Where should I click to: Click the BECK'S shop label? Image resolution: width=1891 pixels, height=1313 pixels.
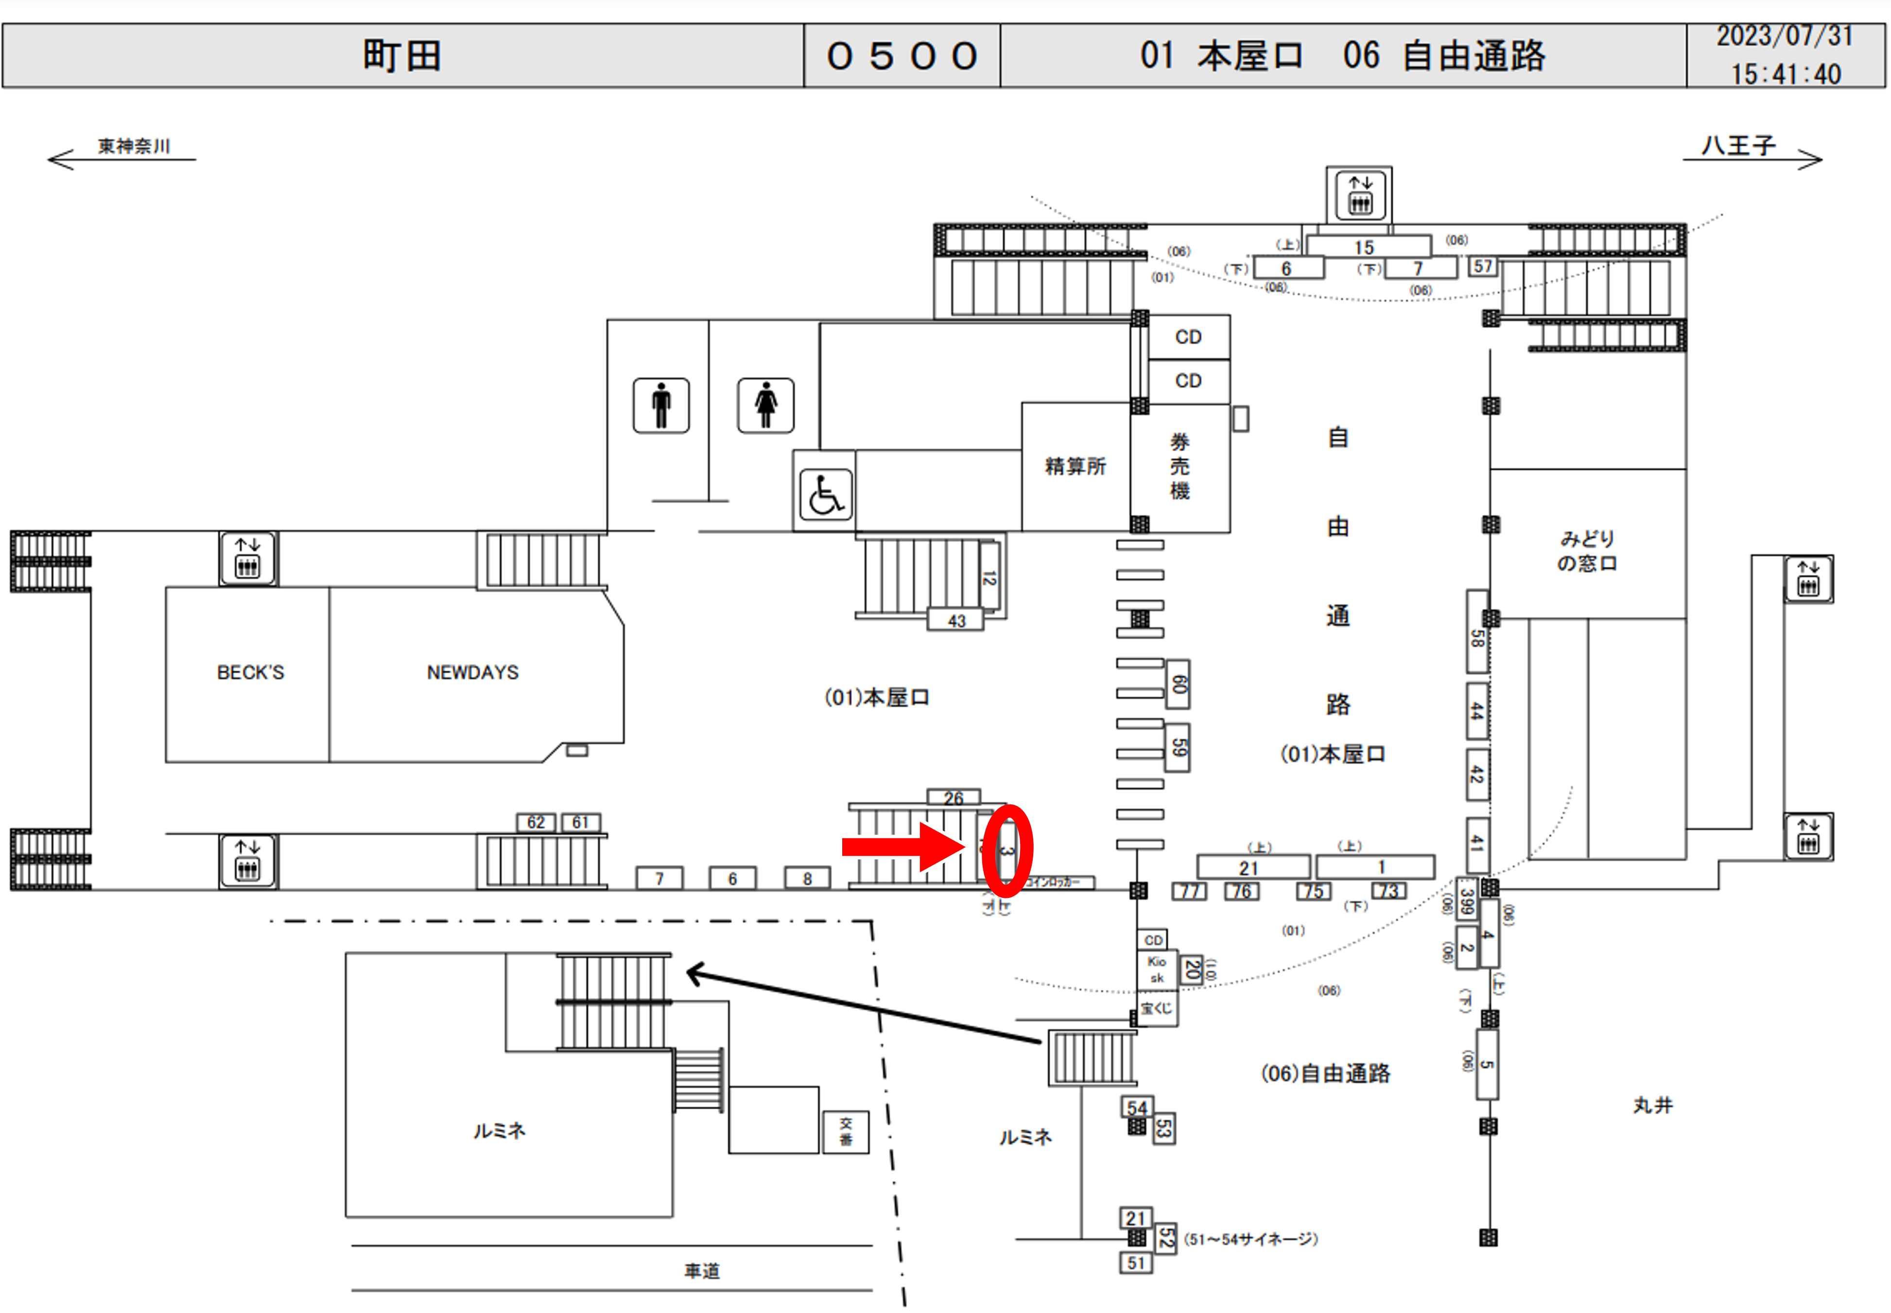pyautogui.click(x=250, y=672)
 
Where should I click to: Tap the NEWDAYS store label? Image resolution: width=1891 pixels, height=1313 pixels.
pyautogui.click(x=472, y=672)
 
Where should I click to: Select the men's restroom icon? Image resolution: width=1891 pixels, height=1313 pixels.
pyautogui.click(x=660, y=405)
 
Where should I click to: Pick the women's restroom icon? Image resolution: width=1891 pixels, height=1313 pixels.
pyautogui.click(x=765, y=405)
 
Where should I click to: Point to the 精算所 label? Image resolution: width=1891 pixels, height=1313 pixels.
pyautogui.click(x=1075, y=467)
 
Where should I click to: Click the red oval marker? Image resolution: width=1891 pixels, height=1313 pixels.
pyautogui.click(x=1007, y=850)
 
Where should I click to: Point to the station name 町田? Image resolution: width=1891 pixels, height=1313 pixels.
pyautogui.click(x=402, y=56)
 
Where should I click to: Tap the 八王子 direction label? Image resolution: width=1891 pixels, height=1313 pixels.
pyautogui.click(x=1738, y=146)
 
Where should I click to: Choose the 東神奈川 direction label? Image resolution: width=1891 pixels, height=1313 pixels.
pyautogui.click(x=134, y=146)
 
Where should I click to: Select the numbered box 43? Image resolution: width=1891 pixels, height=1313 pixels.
pyautogui.click(x=956, y=620)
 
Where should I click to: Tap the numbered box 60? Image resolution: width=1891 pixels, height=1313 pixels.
pyautogui.click(x=1179, y=683)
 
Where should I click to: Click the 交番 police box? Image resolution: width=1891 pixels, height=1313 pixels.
pyautogui.click(x=846, y=1131)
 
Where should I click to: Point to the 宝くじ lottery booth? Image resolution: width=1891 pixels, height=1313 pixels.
pyautogui.click(x=1157, y=1009)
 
